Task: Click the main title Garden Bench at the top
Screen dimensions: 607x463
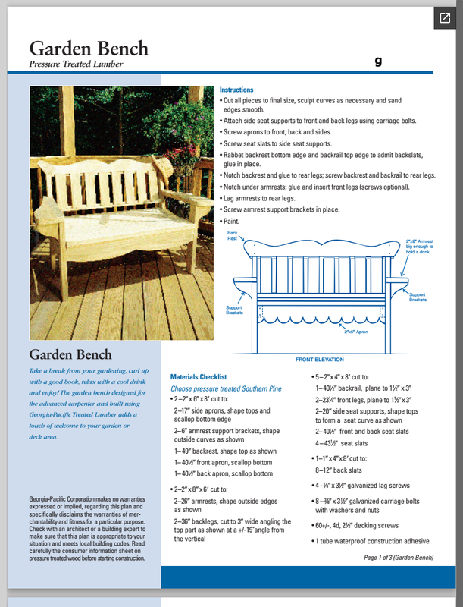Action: pyautogui.click(x=89, y=48)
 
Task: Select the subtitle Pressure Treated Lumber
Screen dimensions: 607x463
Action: pyautogui.click(x=76, y=64)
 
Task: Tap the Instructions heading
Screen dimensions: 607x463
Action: pyautogui.click(x=236, y=90)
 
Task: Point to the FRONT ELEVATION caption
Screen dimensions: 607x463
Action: pyautogui.click(x=319, y=360)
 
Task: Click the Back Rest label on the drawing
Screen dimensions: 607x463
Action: pyautogui.click(x=233, y=235)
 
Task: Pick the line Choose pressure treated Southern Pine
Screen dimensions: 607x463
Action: pyautogui.click(x=226, y=388)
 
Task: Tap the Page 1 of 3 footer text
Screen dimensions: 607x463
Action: pyautogui.click(x=399, y=558)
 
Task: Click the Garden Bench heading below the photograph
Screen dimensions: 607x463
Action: pyautogui.click(x=70, y=355)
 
